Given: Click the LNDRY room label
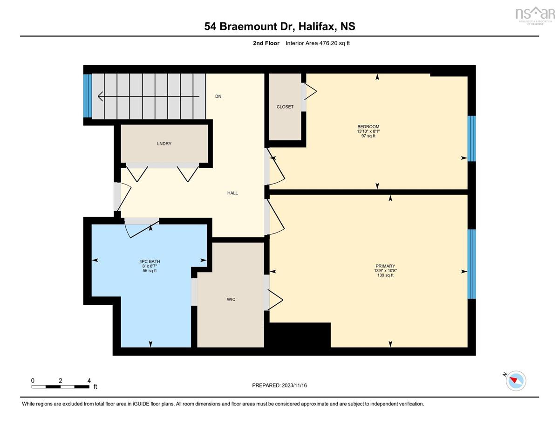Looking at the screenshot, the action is [x=164, y=144].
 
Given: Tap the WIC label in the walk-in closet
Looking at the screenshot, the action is [x=231, y=300].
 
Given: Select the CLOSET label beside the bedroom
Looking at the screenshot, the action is [x=285, y=107].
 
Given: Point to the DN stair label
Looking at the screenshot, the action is [x=218, y=96].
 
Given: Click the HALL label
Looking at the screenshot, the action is [x=232, y=193].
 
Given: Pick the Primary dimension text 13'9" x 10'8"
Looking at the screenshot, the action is [x=385, y=271].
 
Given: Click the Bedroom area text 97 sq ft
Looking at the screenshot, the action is [x=368, y=136].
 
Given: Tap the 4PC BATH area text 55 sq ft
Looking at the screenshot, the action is [x=150, y=271].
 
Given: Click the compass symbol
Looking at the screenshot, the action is [x=516, y=381].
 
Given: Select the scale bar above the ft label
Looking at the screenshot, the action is [x=61, y=387].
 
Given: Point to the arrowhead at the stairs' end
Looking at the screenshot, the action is [x=100, y=96].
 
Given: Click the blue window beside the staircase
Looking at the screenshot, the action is [x=88, y=96].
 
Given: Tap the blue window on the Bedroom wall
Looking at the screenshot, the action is [x=471, y=139].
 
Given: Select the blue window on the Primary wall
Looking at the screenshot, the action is [x=471, y=264].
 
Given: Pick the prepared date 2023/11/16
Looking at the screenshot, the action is [x=294, y=385].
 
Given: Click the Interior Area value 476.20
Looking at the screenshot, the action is [x=328, y=43].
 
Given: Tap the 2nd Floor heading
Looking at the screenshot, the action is [x=266, y=43].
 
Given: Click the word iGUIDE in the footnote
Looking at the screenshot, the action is [x=141, y=404].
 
